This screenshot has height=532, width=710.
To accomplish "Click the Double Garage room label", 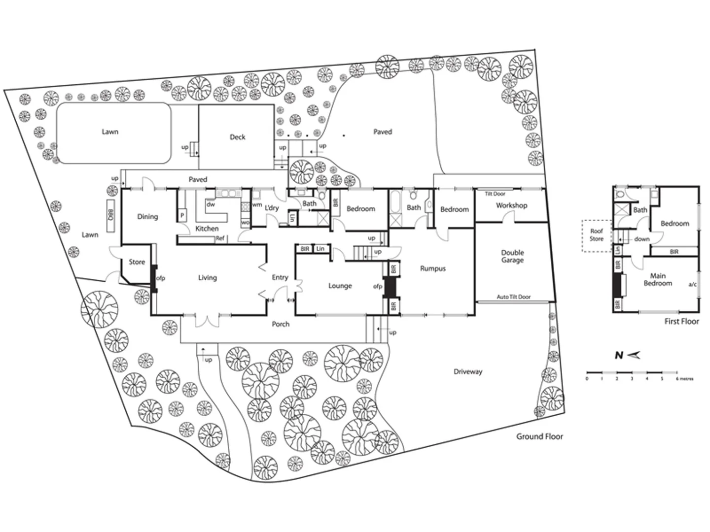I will pos(512,256).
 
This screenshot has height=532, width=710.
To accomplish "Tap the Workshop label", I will pos(511,205).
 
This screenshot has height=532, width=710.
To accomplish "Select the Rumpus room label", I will pos(432,268).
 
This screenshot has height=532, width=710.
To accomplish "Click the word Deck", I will pos(237,137).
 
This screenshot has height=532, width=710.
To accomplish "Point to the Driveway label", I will pos(467,372).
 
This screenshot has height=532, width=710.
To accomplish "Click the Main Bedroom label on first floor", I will pos(658,280).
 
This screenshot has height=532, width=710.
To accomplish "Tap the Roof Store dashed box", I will pos(596,235).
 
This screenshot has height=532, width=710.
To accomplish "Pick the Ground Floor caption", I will pos(539,436).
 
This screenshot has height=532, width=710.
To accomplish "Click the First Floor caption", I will pos(681,322).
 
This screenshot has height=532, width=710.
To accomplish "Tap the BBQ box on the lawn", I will pos(109,215).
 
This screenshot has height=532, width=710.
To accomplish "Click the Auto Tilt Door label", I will pos(513,297).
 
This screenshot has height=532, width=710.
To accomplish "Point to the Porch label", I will pos(281,324).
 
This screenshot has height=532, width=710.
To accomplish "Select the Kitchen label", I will pos(207,229).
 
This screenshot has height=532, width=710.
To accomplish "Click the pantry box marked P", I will pos(181,215).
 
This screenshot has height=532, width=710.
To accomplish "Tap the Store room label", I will pos(137,262).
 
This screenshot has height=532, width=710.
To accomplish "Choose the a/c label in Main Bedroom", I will pos(692,285).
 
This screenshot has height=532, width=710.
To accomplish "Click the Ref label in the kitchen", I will pos(220,239).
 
